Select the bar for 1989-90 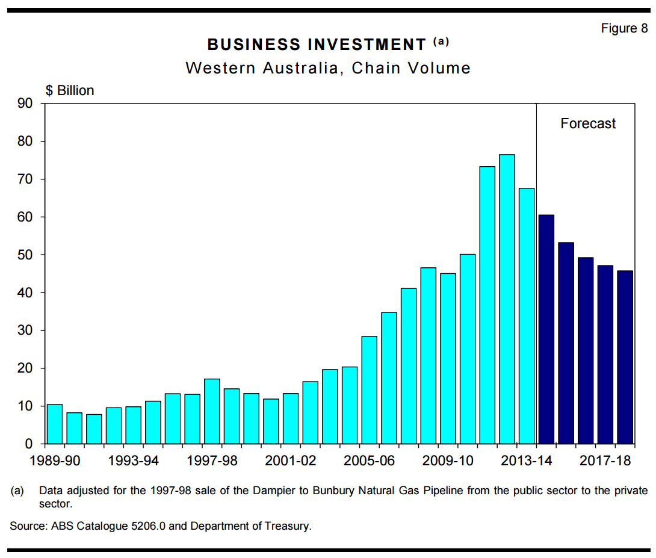pyautogui.click(x=55, y=424)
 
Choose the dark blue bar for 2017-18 pyautogui.click(x=605, y=355)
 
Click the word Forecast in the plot pyautogui.click(x=588, y=123)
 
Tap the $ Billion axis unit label pyautogui.click(x=70, y=90)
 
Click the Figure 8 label pyautogui.click(x=624, y=28)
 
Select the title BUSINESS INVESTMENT pyautogui.click(x=317, y=45)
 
